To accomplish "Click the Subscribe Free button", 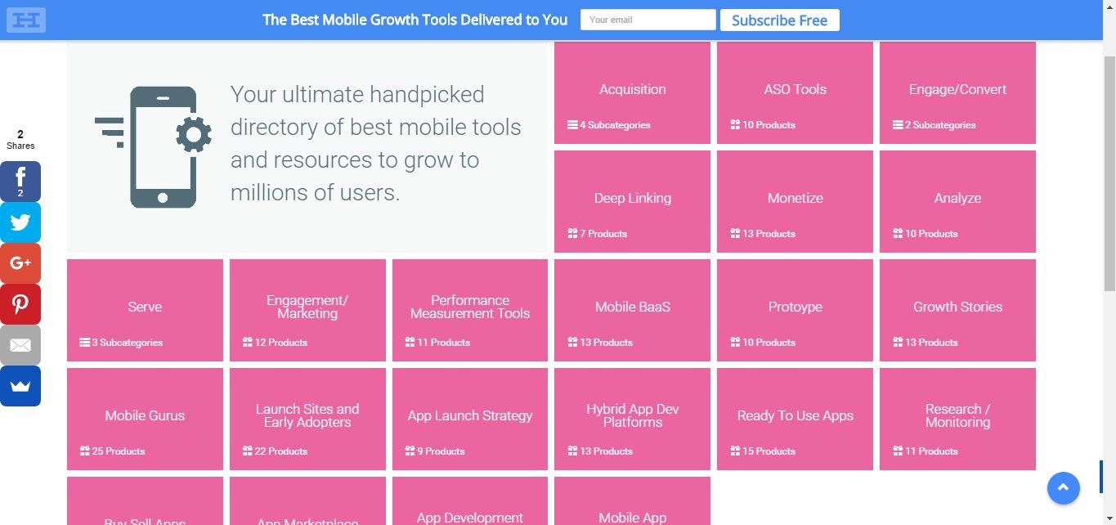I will pyautogui.click(x=779, y=20).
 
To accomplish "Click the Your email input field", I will pyautogui.click(x=648, y=20).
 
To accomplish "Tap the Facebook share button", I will pyautogui.click(x=20, y=181).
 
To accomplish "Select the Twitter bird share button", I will pyautogui.click(x=20, y=222).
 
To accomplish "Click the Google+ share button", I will pyautogui.click(x=20, y=263).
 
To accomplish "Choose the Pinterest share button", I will pyautogui.click(x=20, y=304).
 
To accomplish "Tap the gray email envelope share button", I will pyautogui.click(x=20, y=345).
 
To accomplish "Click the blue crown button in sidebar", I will pyautogui.click(x=20, y=386).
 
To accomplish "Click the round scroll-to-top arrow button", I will pyautogui.click(x=1063, y=488).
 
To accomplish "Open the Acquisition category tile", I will pyautogui.click(x=632, y=89).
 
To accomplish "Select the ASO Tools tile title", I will pyautogui.click(x=795, y=89).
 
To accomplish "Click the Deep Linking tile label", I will pyautogui.click(x=632, y=198).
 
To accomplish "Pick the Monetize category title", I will pyautogui.click(x=795, y=198).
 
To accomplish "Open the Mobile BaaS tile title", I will pyautogui.click(x=632, y=307).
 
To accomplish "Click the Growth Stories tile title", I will pyautogui.click(x=957, y=307).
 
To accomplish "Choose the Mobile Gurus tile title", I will pyautogui.click(x=145, y=415).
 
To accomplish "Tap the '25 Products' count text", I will pyautogui.click(x=118, y=451).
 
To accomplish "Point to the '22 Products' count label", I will pyautogui.click(x=280, y=451).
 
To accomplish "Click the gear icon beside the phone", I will pyautogui.click(x=194, y=134).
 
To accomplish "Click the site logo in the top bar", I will pyautogui.click(x=25, y=20).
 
